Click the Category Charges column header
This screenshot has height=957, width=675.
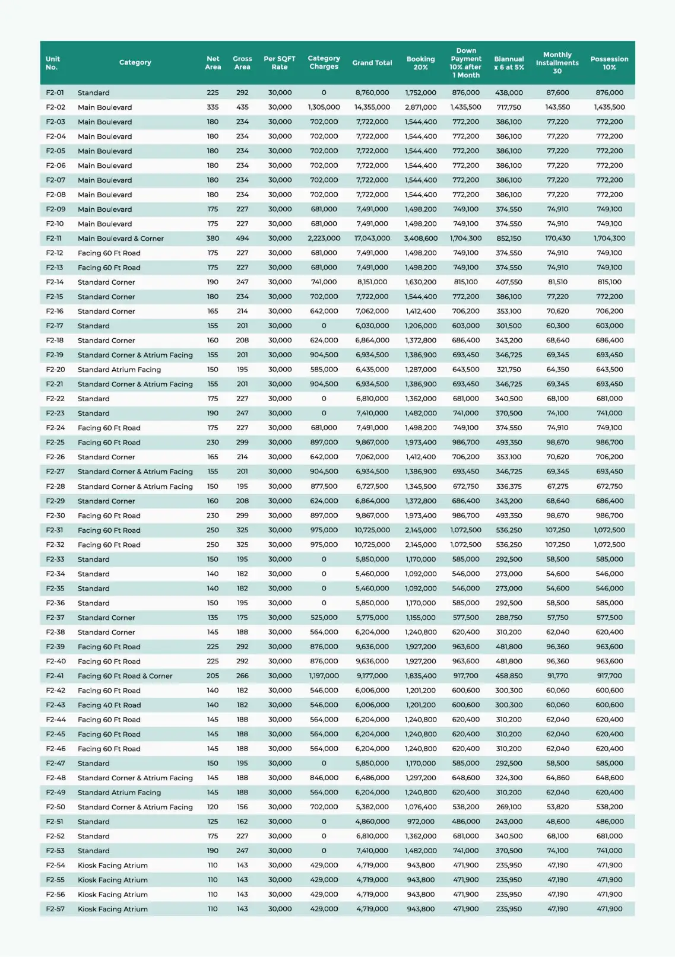pos(324,62)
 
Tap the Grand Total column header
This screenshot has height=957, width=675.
pos(372,63)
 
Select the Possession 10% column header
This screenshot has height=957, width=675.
pos(609,63)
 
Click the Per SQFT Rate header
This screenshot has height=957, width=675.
pos(280,63)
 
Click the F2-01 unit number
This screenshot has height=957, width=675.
pos(55,93)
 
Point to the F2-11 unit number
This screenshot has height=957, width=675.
pos(54,239)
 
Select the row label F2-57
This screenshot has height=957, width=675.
pos(55,909)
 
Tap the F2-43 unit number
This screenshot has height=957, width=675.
pos(55,705)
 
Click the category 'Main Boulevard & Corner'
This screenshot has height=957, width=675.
pos(121,239)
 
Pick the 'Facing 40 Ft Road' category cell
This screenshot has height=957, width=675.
pos(109,705)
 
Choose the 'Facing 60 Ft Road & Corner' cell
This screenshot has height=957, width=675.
pos(125,676)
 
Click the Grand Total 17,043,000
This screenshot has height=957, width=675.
pos(372,239)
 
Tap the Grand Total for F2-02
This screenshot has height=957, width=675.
pos(372,107)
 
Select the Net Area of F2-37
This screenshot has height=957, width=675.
pos(213,618)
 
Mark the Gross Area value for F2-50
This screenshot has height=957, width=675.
pos(242,807)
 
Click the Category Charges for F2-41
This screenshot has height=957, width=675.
pos(324,676)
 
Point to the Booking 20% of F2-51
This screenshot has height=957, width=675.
pos(420,822)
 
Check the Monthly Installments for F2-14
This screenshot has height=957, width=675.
pos(557,282)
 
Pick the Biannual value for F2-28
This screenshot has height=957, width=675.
pos(509,487)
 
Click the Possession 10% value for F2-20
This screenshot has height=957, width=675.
pos(609,370)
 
